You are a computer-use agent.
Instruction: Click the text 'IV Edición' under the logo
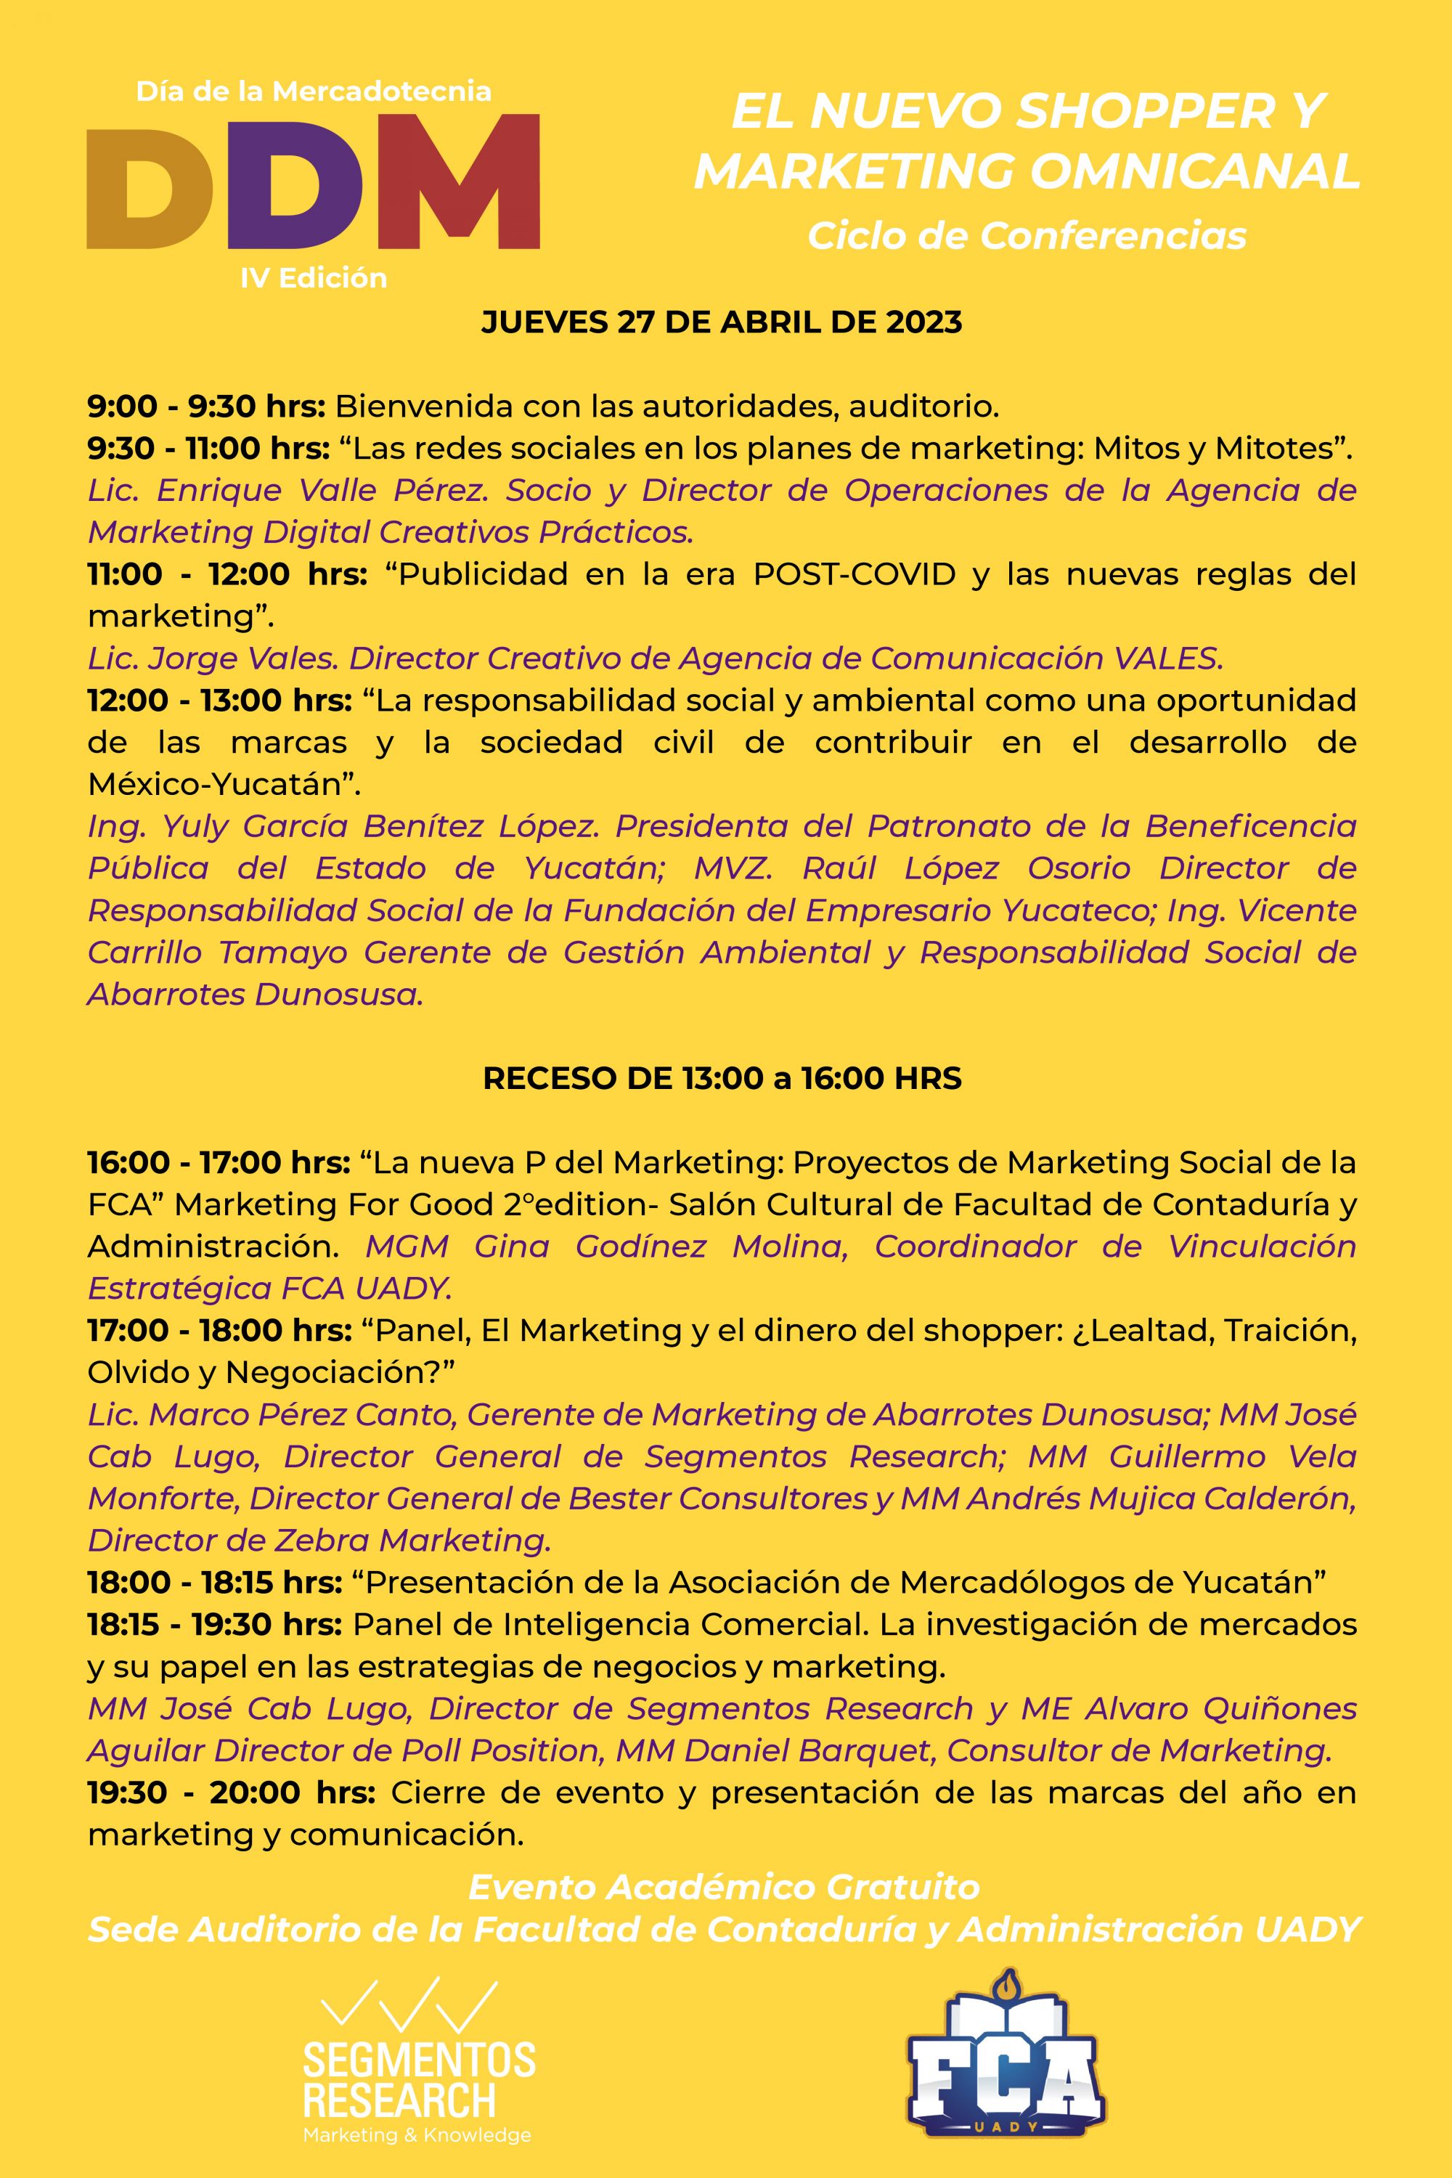(313, 278)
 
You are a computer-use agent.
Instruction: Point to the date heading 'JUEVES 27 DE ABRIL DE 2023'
(722, 322)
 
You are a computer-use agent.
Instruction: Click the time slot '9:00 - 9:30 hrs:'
(205, 406)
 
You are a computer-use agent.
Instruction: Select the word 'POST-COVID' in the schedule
(854, 574)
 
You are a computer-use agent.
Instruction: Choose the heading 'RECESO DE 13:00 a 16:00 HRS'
(722, 1078)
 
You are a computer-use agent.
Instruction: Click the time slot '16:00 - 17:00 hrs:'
(219, 1162)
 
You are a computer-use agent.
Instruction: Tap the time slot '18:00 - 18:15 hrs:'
(215, 1583)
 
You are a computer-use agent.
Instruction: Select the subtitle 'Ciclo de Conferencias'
(1026, 236)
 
